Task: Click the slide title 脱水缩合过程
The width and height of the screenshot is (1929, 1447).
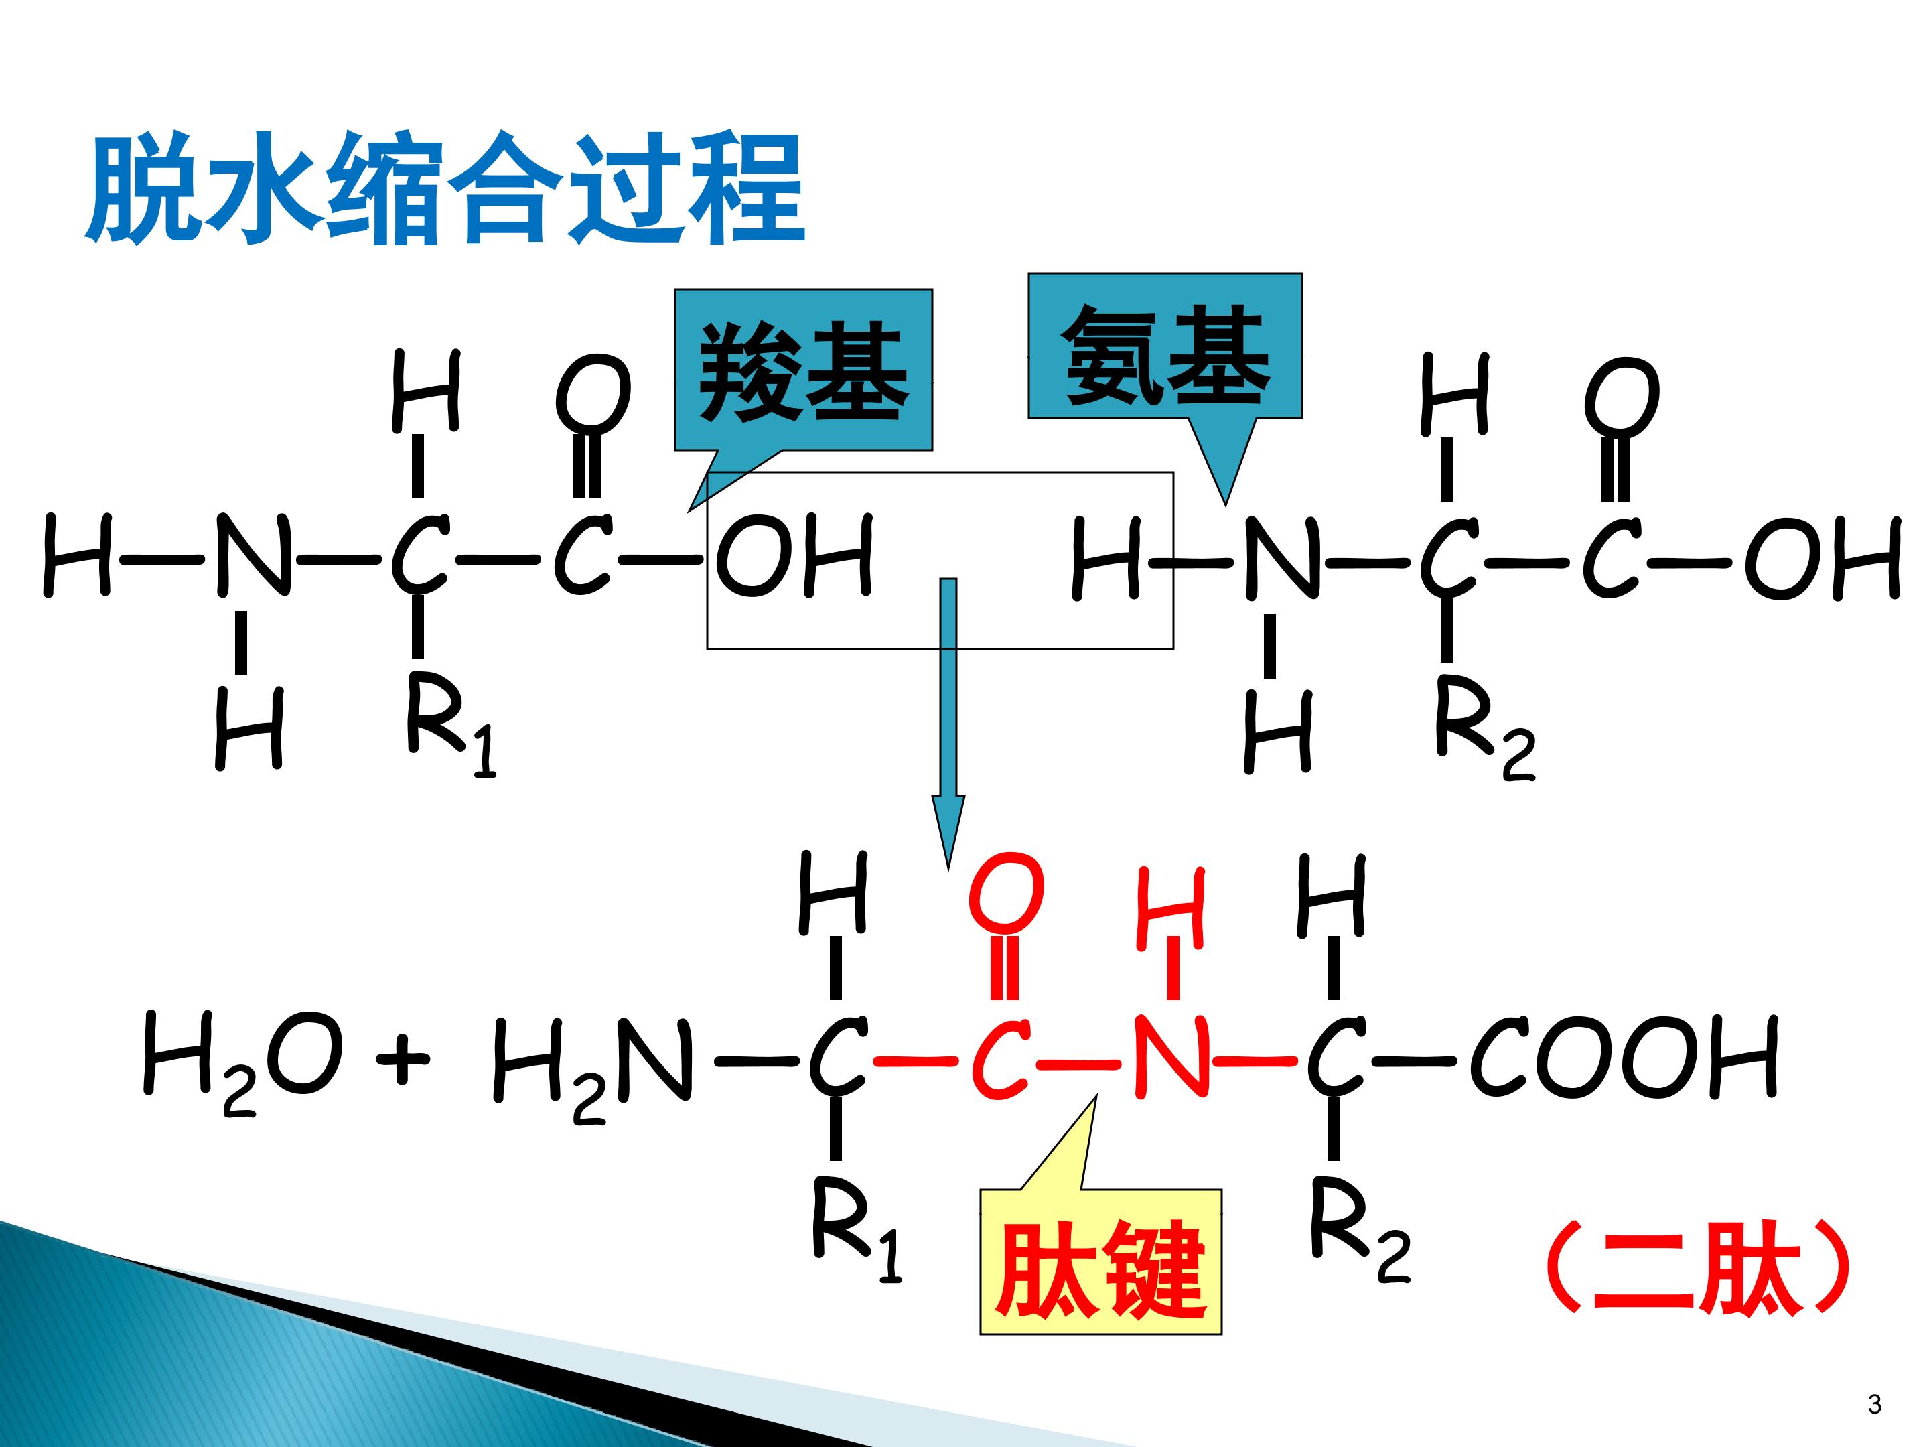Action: point(445,188)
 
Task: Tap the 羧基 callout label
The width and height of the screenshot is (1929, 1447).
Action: point(803,370)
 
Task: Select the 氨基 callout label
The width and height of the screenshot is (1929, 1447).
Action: point(1165,346)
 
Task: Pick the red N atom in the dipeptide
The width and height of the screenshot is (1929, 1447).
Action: point(1171,1055)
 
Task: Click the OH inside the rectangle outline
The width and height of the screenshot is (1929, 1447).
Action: point(794,555)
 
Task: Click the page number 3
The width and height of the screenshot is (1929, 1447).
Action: point(1874,1404)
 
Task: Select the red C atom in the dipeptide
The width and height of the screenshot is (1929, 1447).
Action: point(1002,1057)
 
